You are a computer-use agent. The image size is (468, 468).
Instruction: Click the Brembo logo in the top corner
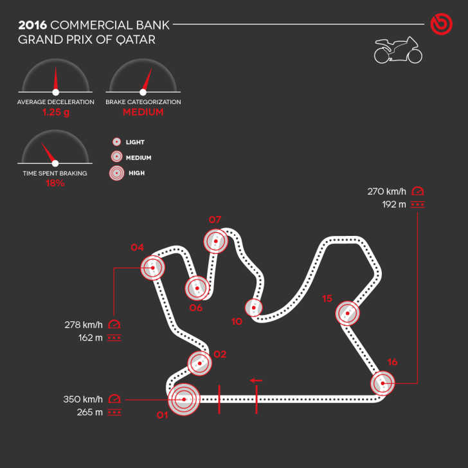pyautogui.click(x=442, y=25)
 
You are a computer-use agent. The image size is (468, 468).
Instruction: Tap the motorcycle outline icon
pyautogui.click(x=398, y=51)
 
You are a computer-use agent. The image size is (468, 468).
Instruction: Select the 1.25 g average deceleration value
pyautogui.click(x=55, y=112)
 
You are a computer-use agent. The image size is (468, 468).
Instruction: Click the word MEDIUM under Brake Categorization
pyautogui.click(x=143, y=112)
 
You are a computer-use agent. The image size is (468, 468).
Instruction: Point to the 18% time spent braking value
pyautogui.click(x=55, y=183)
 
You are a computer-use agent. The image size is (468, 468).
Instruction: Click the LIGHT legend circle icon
pyautogui.click(x=117, y=142)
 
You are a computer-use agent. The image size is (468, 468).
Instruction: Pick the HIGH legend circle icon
pyautogui.click(x=117, y=173)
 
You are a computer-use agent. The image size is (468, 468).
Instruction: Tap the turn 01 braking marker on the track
pyautogui.click(x=184, y=399)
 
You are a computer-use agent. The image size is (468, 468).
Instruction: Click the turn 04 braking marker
pyautogui.click(x=153, y=267)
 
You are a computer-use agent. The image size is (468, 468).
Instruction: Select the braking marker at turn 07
pyautogui.click(x=216, y=242)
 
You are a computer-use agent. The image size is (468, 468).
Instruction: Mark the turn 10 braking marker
pyautogui.click(x=255, y=308)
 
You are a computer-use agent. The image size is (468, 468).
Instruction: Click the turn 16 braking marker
pyautogui.click(x=382, y=383)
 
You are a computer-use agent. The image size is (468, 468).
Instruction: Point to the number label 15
pyautogui.click(x=327, y=298)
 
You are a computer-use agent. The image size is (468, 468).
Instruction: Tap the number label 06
pyautogui.click(x=196, y=308)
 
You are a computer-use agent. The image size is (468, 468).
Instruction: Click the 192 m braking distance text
pyautogui.click(x=393, y=204)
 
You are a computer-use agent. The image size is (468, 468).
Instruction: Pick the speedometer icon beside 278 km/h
pyautogui.click(x=114, y=324)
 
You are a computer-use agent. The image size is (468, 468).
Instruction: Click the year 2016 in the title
pyautogui.click(x=32, y=25)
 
